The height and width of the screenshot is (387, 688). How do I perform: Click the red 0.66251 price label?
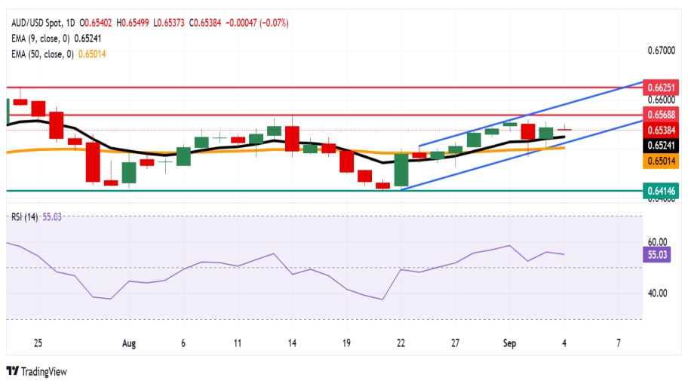[664, 88]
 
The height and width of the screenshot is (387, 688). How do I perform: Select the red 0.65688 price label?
[664, 115]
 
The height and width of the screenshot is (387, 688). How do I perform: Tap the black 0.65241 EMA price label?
[664, 144]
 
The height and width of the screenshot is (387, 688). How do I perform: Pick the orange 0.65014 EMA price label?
[664, 161]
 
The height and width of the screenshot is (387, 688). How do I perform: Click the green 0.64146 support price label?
[664, 191]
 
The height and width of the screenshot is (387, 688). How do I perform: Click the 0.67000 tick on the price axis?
[663, 51]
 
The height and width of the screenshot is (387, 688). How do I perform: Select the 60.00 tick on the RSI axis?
[658, 242]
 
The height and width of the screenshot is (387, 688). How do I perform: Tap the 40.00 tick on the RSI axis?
[658, 293]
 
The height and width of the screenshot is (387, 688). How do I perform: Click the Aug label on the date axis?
[128, 343]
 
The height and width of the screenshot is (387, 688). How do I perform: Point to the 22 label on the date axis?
[401, 343]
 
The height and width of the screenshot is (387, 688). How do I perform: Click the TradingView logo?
[36, 371]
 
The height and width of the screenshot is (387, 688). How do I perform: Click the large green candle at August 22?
[401, 169]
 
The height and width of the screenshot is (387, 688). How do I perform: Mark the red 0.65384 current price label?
[664, 130]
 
